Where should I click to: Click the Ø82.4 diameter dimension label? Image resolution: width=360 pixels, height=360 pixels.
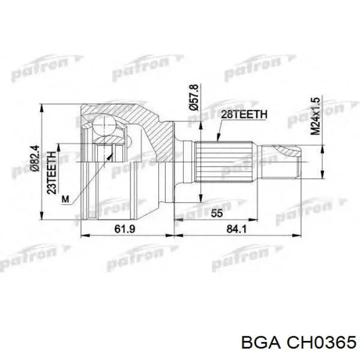(36, 158)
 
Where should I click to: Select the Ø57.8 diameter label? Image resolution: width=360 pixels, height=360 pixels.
(194, 97)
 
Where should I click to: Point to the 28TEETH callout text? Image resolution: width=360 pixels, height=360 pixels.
(244, 114)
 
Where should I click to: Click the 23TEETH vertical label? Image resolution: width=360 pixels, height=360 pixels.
(51, 172)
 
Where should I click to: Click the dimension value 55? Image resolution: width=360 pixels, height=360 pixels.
(217, 213)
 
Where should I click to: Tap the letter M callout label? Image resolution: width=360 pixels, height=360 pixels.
(65, 199)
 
